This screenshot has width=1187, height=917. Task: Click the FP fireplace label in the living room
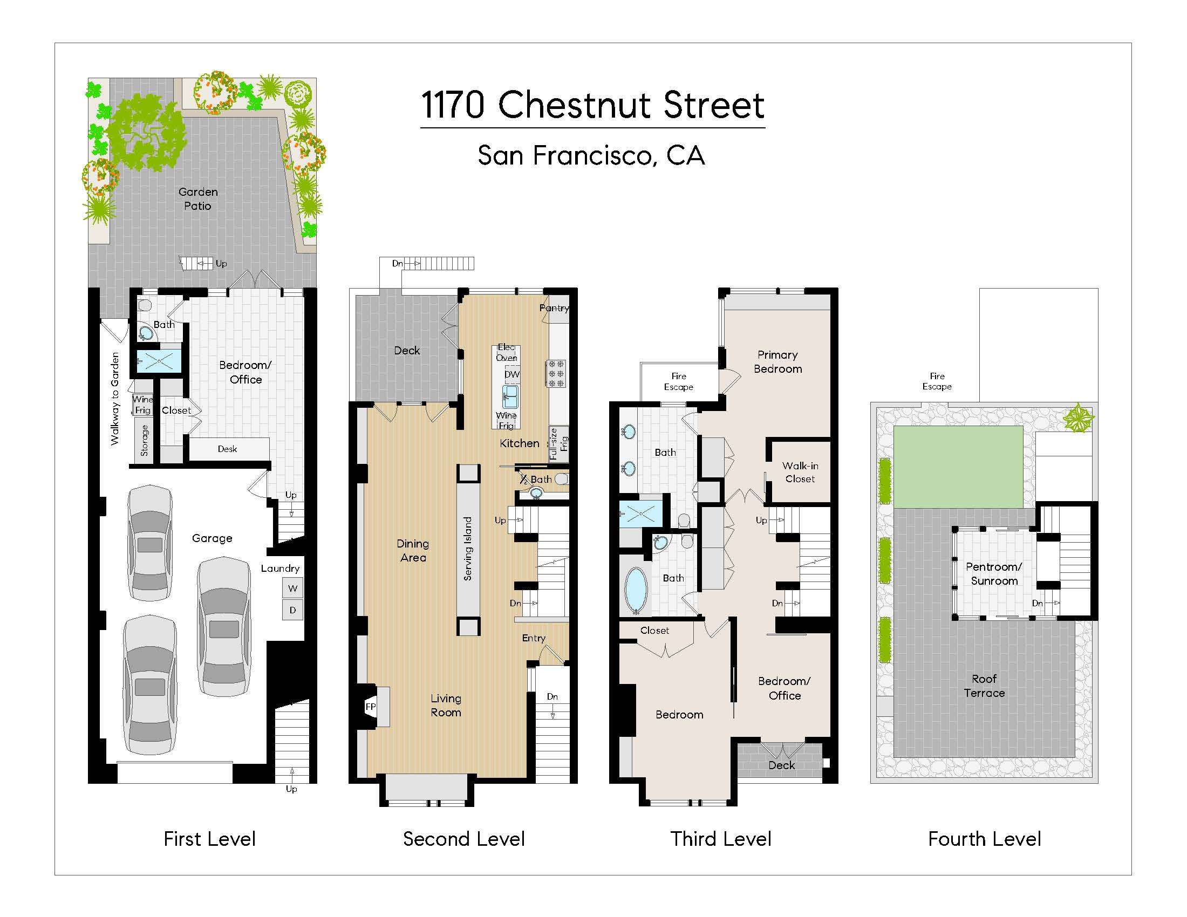pyautogui.click(x=371, y=707)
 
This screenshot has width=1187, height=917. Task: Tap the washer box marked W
pyautogui.click(x=292, y=588)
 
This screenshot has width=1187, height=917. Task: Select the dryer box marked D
pyautogui.click(x=292, y=610)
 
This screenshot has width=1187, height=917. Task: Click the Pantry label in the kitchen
pyautogui.click(x=554, y=308)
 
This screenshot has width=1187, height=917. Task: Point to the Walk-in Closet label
pyautogui.click(x=800, y=472)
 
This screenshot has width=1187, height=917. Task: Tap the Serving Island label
pyautogui.click(x=468, y=549)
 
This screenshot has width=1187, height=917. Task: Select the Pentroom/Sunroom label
pyautogui.click(x=994, y=574)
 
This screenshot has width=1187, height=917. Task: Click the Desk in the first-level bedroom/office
pyautogui.click(x=227, y=449)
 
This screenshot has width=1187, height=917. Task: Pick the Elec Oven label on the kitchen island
pyautogui.click(x=506, y=353)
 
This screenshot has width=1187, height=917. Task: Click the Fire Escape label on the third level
pyautogui.click(x=678, y=381)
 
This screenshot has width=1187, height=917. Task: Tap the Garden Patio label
pyautogui.click(x=198, y=199)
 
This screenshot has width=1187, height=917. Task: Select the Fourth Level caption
pyautogui.click(x=984, y=839)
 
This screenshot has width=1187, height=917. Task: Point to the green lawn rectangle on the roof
pyautogui.click(x=958, y=467)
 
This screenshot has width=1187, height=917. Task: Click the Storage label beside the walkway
pyautogui.click(x=144, y=441)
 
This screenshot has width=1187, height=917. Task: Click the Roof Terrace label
pyautogui.click(x=984, y=686)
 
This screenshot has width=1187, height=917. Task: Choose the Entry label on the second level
pyautogui.click(x=534, y=638)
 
